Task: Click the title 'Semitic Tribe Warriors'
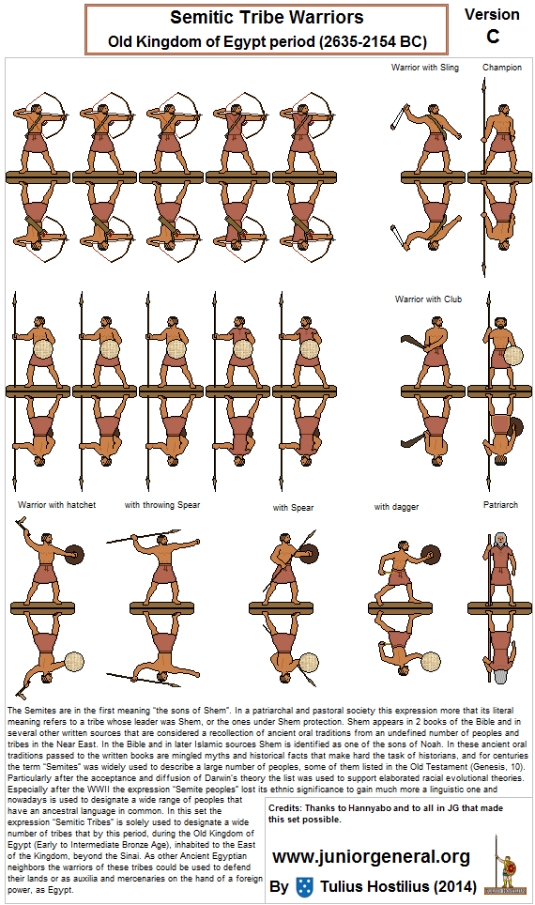point(266,18)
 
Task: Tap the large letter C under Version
point(492,37)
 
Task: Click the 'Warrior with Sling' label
point(425,68)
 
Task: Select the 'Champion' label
point(501,68)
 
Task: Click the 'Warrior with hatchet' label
point(56,505)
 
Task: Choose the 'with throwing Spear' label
point(162,505)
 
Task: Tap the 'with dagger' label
point(396,507)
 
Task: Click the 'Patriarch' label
point(500,505)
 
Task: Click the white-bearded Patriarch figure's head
point(500,542)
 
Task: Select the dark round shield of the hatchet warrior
point(72,556)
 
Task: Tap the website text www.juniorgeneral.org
point(371,856)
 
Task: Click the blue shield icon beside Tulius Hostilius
point(303,886)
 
